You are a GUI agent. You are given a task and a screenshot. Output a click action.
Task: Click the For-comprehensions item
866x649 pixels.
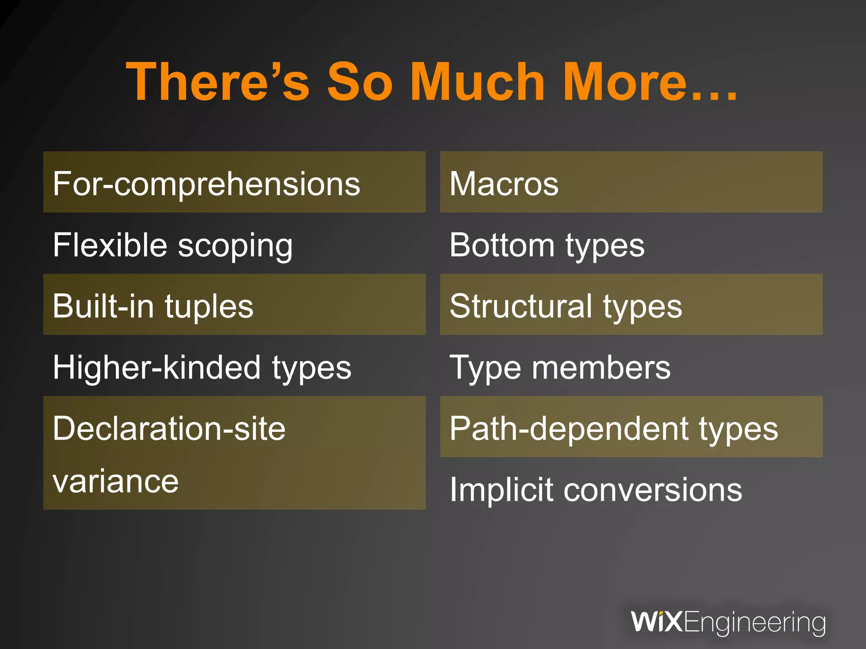(206, 184)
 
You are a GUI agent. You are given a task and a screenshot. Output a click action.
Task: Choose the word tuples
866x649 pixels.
(209, 307)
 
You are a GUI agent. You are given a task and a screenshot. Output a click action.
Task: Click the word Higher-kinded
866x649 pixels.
(157, 368)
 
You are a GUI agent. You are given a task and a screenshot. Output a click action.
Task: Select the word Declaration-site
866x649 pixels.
(169, 428)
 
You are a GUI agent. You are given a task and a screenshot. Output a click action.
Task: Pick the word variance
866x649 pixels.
(115, 481)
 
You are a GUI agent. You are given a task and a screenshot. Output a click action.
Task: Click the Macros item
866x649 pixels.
(504, 184)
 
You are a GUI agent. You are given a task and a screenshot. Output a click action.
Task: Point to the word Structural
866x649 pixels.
(521, 306)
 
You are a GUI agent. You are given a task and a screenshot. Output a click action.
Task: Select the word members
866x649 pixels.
(601, 368)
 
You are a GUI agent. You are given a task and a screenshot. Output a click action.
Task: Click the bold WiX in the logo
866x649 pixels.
(656, 622)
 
